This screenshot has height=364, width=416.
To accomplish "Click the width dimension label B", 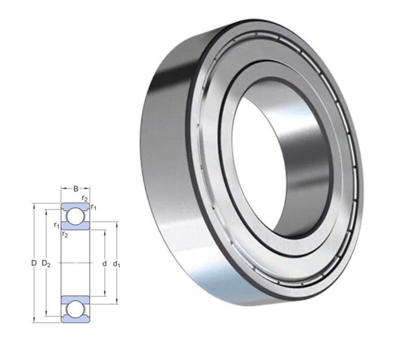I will pos(76,189).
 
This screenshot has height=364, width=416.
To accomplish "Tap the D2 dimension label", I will pos(46,264).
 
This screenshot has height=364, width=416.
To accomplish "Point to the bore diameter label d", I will pos(105,264).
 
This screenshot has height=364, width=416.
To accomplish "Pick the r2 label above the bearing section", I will pos(85,198).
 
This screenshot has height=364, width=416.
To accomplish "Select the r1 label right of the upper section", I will pos(94,207).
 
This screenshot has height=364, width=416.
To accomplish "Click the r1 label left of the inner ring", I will pos(56,225).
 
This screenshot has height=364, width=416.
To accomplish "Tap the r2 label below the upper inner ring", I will pos(64,235).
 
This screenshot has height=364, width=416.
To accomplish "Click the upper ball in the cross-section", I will pos(76,215).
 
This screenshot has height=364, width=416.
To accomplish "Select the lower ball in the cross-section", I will pos(76,309).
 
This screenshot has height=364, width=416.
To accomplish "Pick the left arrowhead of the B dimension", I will pos(63,189).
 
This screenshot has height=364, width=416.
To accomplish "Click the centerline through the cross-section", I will pos(76,264).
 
